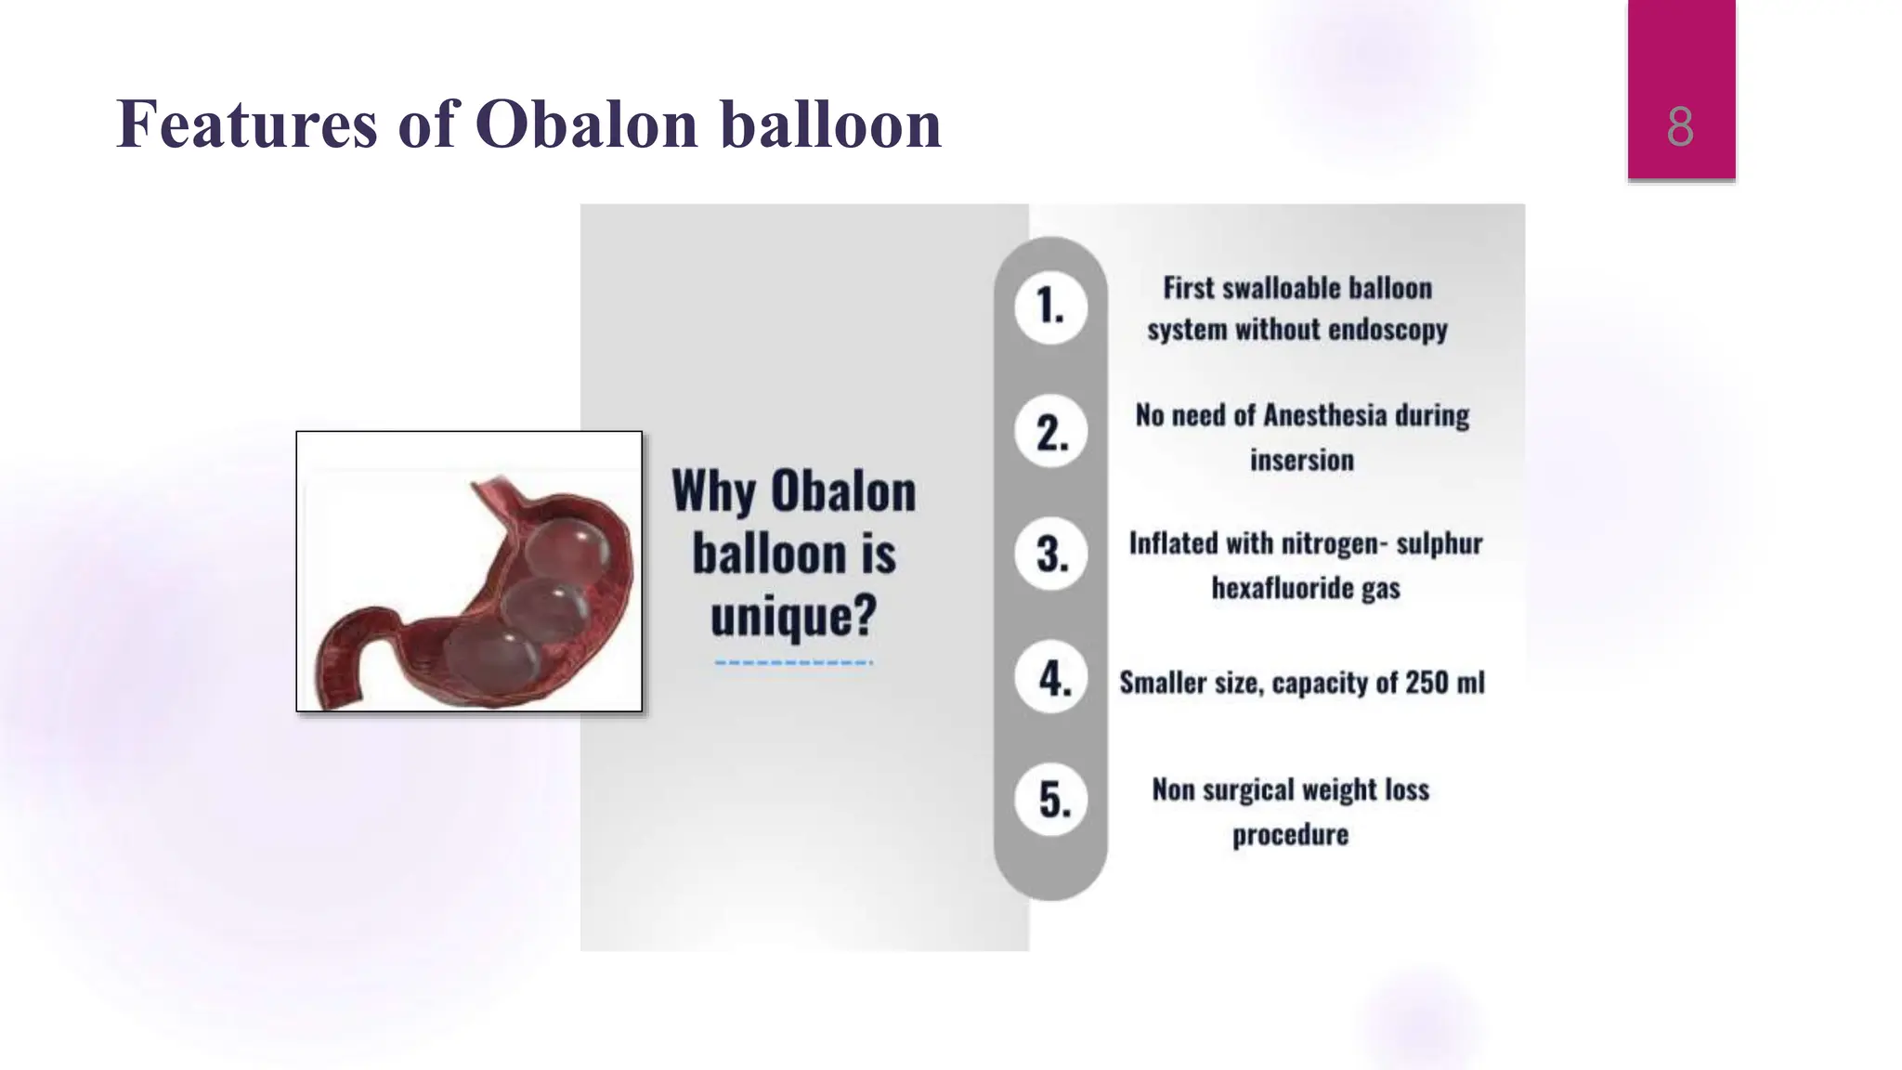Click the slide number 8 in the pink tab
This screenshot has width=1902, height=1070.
1680,127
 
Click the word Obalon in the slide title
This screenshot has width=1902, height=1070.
586,124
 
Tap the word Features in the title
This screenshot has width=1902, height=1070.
246,124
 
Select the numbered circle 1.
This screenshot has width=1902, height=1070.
1050,307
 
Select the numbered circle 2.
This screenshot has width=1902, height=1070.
1050,433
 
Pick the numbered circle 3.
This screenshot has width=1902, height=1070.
1050,555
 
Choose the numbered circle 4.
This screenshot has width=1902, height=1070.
1050,678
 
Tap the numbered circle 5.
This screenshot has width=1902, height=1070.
1050,800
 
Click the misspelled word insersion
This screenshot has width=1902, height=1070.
1301,460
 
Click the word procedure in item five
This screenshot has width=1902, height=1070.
1290,834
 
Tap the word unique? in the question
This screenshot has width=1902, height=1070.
793,616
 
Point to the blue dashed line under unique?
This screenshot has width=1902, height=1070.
793,662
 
